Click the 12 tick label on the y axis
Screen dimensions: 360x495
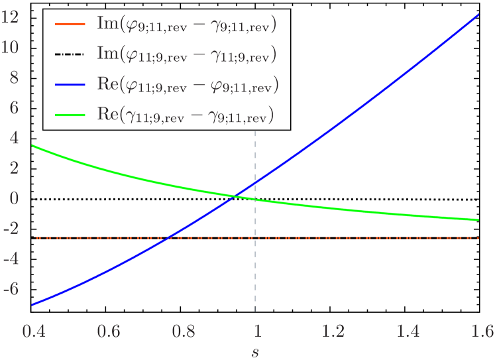[x=10, y=17]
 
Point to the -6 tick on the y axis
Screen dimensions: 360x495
[x=11, y=289]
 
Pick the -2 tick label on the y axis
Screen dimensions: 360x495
[x=11, y=229]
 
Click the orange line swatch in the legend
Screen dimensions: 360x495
[x=70, y=26]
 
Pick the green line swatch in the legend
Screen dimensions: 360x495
[x=70, y=115]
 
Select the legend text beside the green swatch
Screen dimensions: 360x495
[x=186, y=115]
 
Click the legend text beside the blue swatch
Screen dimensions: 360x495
[x=187, y=86]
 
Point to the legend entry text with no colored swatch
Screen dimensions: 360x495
[x=187, y=56]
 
